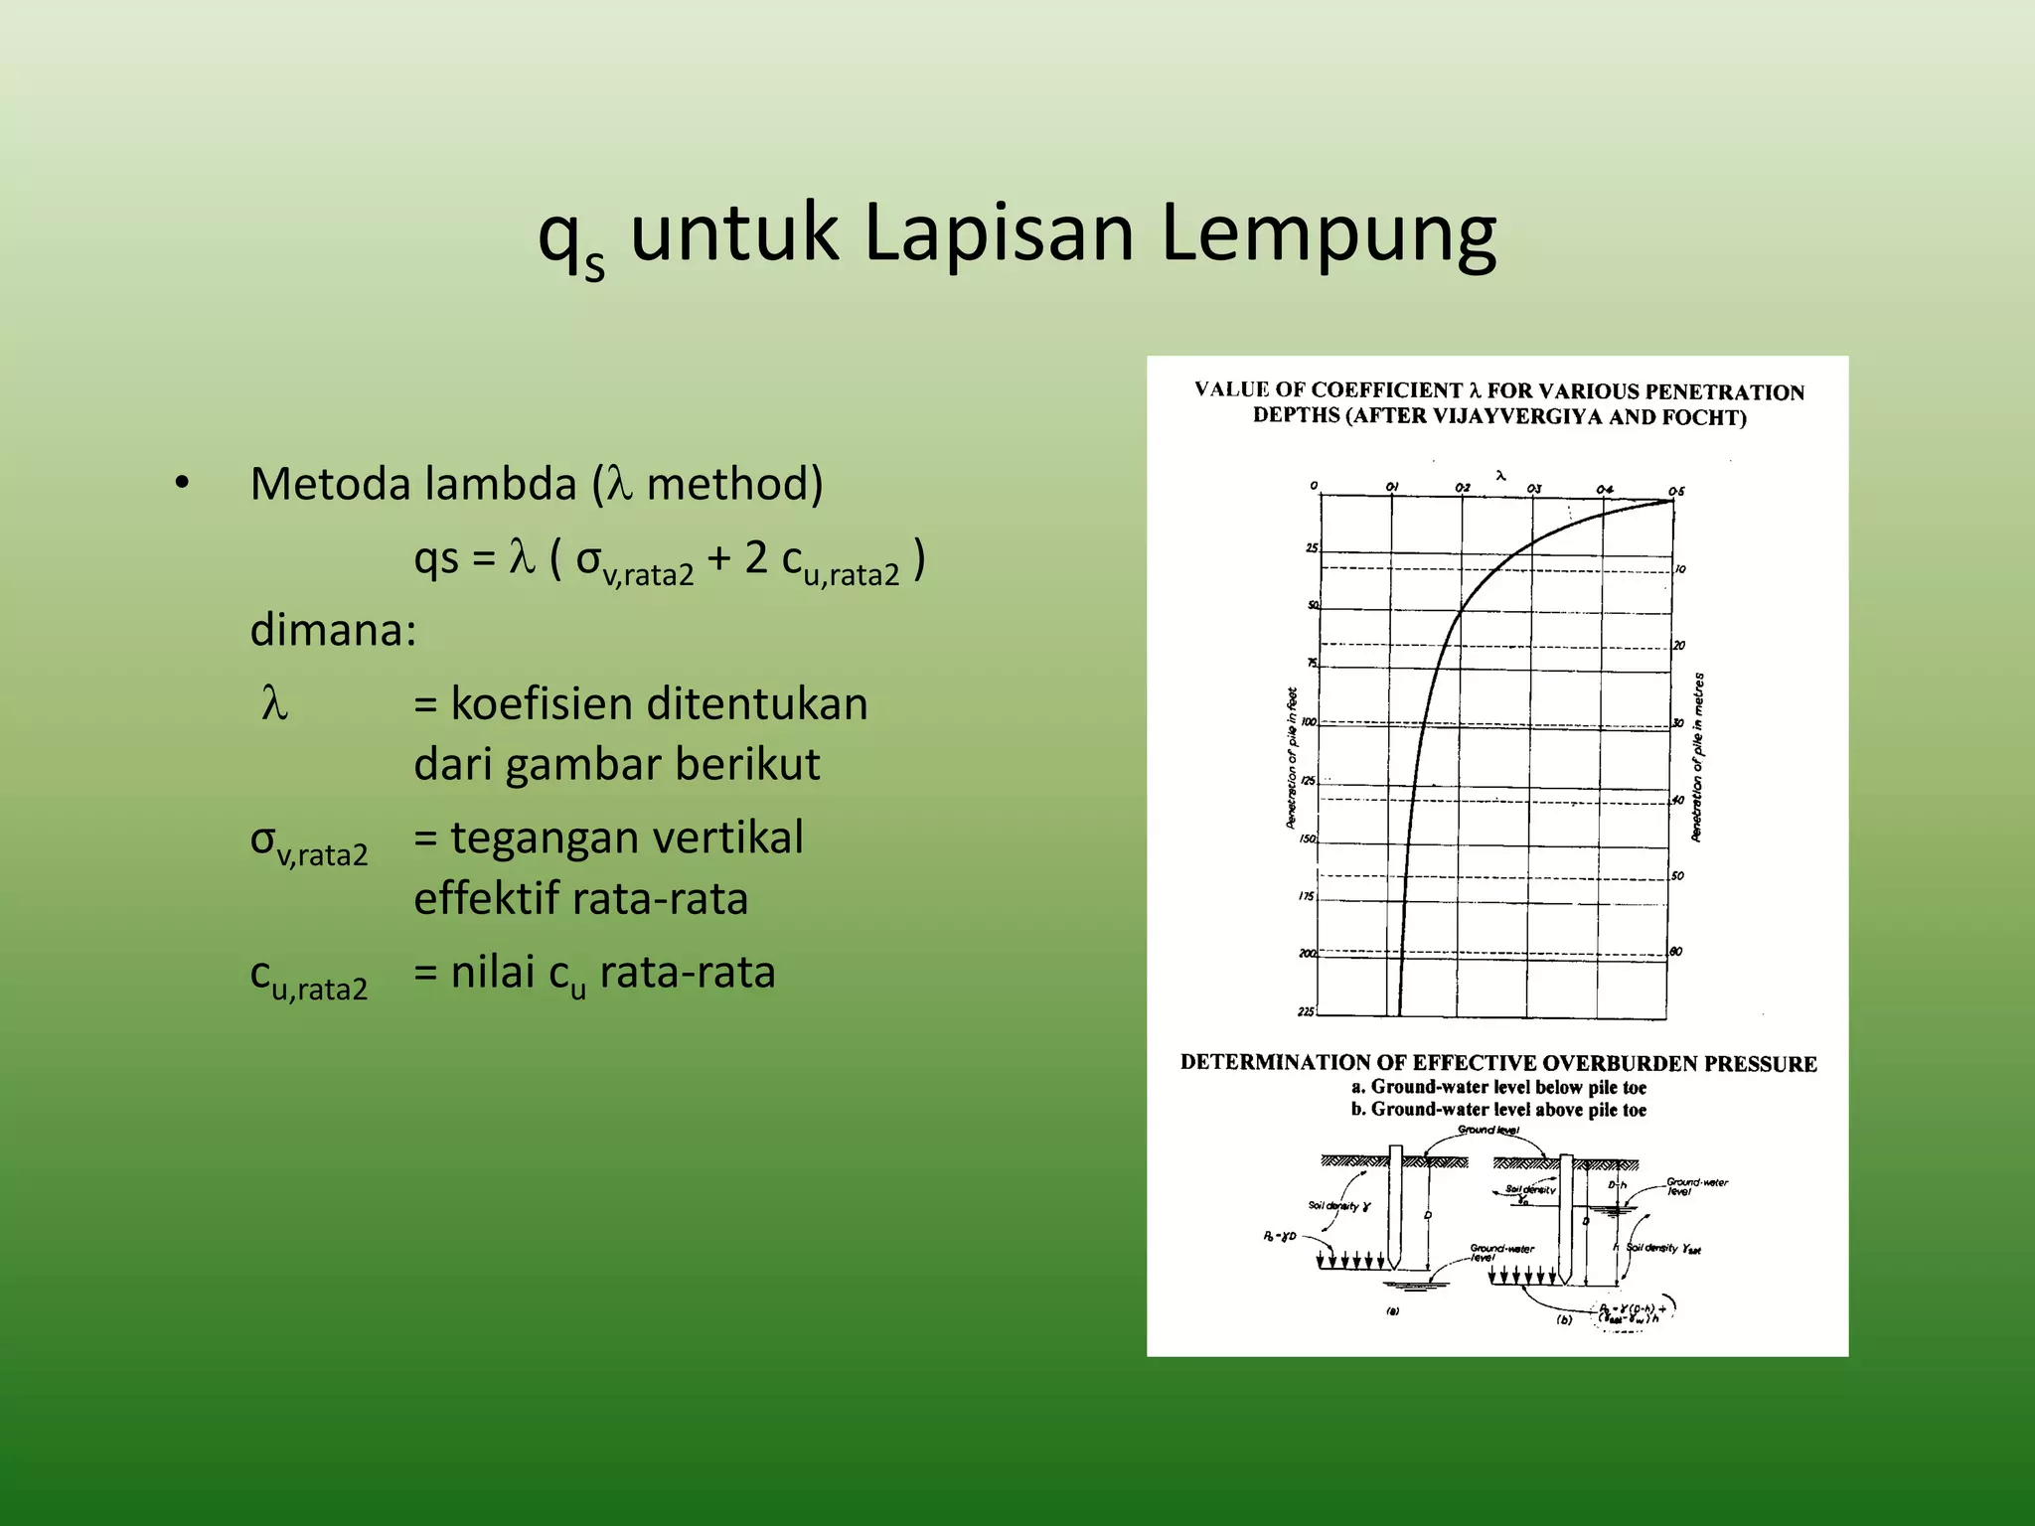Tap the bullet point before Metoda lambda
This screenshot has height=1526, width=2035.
(x=181, y=484)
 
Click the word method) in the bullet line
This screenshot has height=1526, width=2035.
(x=734, y=484)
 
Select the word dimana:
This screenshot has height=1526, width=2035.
(x=333, y=630)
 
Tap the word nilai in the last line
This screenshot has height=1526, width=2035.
(x=493, y=971)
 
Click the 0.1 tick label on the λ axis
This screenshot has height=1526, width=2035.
(x=1392, y=487)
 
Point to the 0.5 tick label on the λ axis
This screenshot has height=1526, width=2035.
(x=1676, y=491)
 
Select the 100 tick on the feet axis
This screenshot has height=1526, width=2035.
(x=1309, y=722)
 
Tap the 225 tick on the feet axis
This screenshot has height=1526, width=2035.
(x=1306, y=1011)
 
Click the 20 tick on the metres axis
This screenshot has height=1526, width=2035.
(x=1679, y=646)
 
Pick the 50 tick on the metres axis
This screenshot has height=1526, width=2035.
(x=1677, y=876)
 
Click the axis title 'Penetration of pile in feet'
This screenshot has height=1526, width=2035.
(x=1291, y=758)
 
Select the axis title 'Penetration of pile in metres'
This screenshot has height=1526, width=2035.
(x=1698, y=757)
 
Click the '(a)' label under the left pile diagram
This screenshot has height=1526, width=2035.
(x=1392, y=1311)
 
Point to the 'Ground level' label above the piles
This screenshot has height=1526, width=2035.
(x=1487, y=1130)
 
